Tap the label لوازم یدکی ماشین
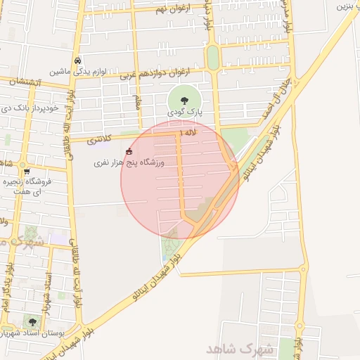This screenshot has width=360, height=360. point(77,72)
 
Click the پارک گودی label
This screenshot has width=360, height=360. point(184,112)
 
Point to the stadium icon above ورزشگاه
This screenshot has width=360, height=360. point(129,152)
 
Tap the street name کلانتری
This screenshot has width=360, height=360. point(100,141)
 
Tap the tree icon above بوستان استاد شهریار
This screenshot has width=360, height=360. point(32,322)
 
